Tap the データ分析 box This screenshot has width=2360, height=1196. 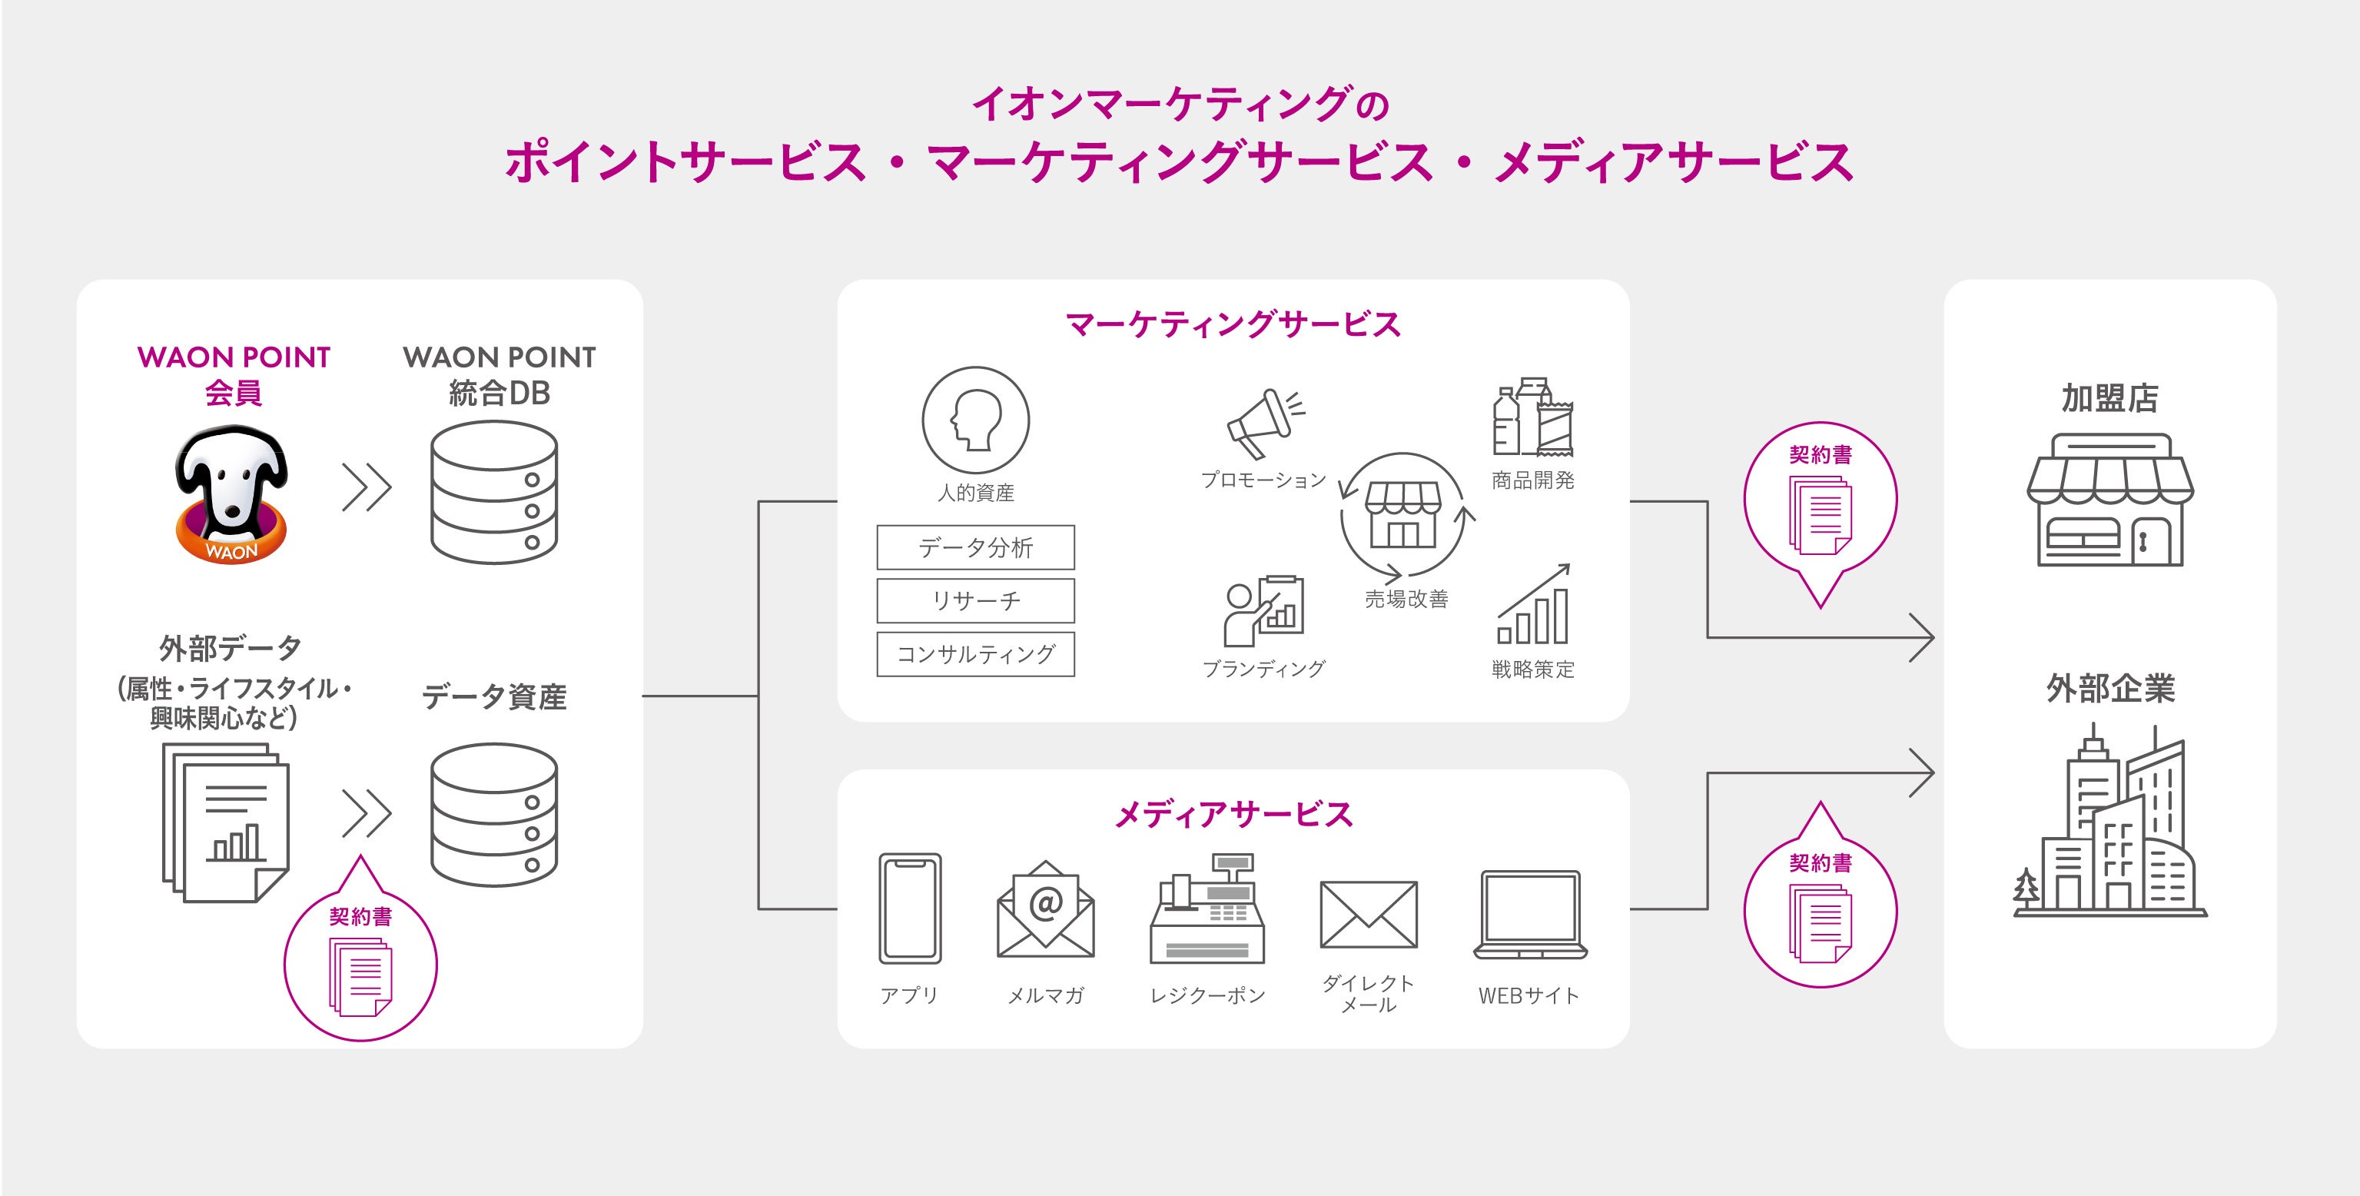coord(976,547)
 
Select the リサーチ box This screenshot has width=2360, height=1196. coord(976,600)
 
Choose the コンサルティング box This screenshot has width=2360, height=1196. coord(976,653)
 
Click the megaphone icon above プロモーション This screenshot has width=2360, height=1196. coord(1263,424)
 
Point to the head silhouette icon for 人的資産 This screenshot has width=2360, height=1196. coord(976,420)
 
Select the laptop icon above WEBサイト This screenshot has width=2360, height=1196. coord(1530,915)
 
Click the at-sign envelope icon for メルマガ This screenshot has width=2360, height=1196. coord(1045,909)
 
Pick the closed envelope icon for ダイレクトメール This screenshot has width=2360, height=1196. coord(1369,914)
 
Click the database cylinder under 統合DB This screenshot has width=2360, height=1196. coord(495,492)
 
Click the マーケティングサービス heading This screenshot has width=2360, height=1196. coord(1233,324)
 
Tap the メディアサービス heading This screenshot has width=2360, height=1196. coord(1233,815)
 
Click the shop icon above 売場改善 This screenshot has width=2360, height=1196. coord(1402,514)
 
